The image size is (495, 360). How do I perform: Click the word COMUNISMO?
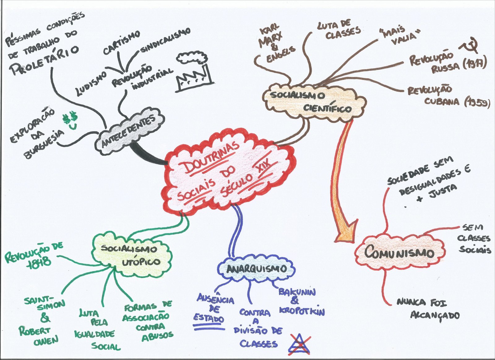tap(399, 252)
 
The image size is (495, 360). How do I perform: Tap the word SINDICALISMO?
tap(166, 40)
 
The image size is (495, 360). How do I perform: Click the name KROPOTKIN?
tap(302, 311)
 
